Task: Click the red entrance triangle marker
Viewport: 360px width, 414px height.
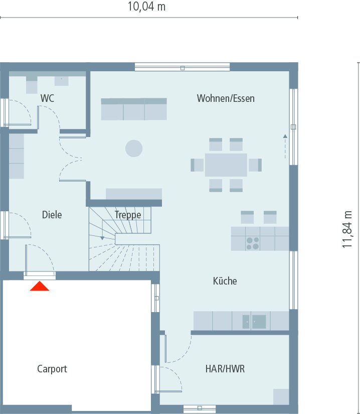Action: [x=40, y=286]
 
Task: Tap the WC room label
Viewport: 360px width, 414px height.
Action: [x=47, y=98]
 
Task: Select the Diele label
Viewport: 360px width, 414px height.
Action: [x=52, y=215]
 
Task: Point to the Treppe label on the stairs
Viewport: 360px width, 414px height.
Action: [x=128, y=215]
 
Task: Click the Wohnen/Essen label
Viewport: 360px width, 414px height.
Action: [x=226, y=98]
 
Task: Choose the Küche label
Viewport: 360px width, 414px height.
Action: [x=225, y=281]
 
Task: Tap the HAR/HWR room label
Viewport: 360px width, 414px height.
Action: [x=225, y=369]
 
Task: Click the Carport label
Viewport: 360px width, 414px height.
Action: [x=52, y=369]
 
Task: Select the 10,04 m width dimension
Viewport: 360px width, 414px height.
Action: [x=146, y=7]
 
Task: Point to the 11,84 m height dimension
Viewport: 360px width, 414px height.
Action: [x=347, y=229]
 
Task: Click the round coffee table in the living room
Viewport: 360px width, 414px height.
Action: [x=134, y=149]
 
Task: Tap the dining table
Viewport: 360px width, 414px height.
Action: [x=226, y=165]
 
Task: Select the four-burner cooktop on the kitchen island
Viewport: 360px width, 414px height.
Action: [x=252, y=243]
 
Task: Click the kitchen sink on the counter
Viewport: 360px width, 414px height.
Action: [x=254, y=322]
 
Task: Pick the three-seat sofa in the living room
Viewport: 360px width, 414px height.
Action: [x=134, y=109]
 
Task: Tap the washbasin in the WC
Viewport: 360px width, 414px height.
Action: [x=62, y=80]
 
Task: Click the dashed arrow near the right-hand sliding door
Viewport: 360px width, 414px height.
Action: [x=285, y=147]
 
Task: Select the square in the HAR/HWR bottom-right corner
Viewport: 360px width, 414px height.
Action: [x=281, y=396]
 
